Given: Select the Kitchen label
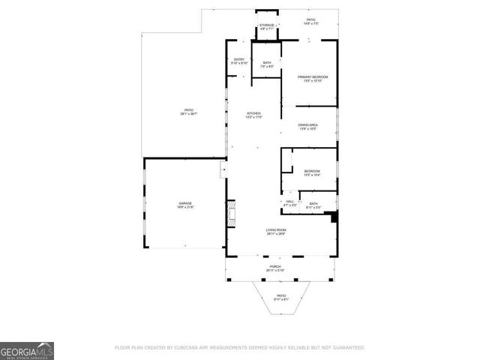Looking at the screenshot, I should click(254, 115).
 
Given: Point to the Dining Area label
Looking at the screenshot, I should click(308, 126).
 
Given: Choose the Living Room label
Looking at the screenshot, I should click(276, 232).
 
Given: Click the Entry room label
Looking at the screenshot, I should click(240, 61).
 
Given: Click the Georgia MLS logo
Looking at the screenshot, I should click(27, 350).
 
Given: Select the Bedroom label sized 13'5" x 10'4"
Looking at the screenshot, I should click(312, 173).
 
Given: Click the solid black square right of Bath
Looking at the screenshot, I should click(335, 217).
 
